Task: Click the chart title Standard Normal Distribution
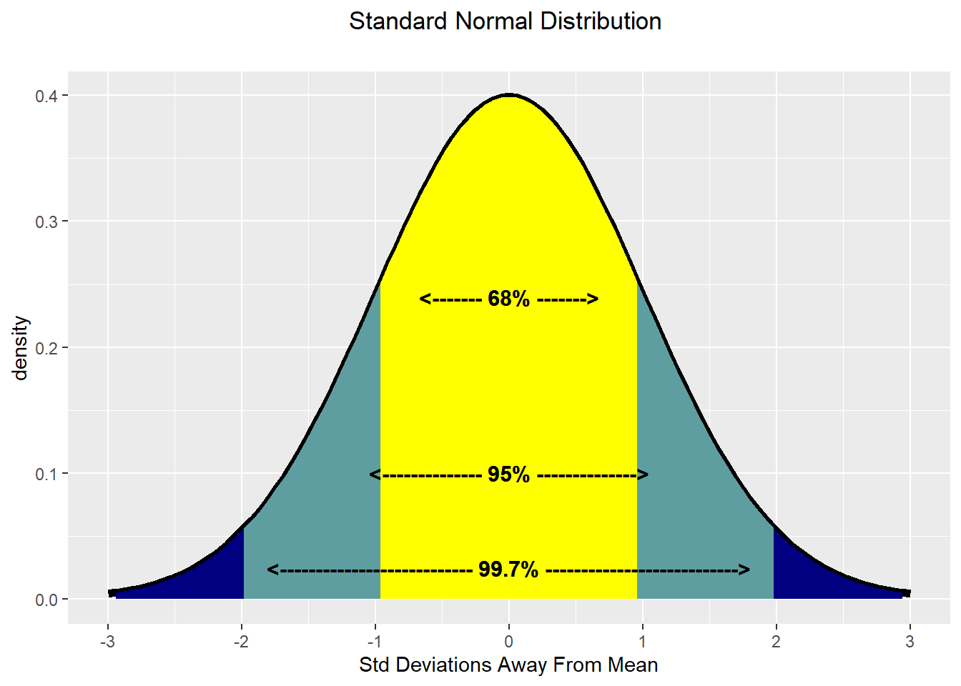coord(505,21)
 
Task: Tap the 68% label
coord(508,299)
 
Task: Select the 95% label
coord(508,474)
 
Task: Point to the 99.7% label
coord(508,570)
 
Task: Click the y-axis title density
coord(21,348)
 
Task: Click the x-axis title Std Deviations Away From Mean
coord(508,665)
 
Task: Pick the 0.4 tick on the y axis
coord(46,96)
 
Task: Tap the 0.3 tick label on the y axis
coord(46,222)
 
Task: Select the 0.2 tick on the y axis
coord(46,348)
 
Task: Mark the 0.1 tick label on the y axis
coord(46,474)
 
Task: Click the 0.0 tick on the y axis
coord(46,600)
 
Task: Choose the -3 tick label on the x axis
coord(107,642)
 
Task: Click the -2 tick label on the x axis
coord(241,642)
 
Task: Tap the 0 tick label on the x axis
coord(508,642)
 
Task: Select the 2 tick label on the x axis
coord(776,642)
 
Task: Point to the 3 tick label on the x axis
coord(910,642)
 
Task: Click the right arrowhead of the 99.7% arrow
coord(744,570)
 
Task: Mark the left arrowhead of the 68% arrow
coord(425,299)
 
